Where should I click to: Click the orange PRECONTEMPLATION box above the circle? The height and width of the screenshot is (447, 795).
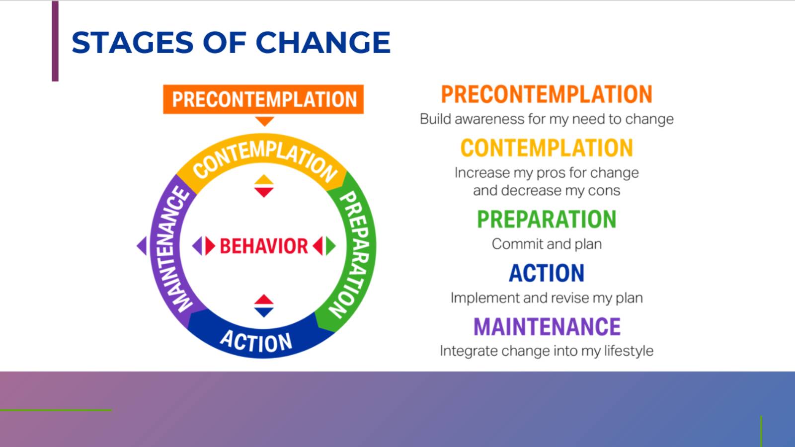click(x=263, y=99)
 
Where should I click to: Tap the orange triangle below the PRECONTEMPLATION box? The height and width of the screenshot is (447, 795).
click(x=264, y=121)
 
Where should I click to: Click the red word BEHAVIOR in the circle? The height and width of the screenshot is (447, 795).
click(x=263, y=246)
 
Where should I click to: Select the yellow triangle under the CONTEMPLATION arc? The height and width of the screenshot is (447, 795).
click(x=264, y=180)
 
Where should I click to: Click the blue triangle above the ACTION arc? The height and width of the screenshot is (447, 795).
click(x=264, y=312)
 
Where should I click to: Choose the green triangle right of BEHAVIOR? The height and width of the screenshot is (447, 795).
click(x=331, y=246)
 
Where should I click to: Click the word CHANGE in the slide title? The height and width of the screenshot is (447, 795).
click(x=323, y=43)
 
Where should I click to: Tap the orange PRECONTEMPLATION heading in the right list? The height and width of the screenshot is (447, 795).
click(x=547, y=94)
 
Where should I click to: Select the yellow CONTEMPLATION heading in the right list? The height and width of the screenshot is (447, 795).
click(x=547, y=148)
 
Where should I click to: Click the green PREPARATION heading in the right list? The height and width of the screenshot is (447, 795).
click(x=547, y=219)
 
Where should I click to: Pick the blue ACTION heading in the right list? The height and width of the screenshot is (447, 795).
click(x=547, y=273)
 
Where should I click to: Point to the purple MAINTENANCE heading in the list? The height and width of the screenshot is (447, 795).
click(x=547, y=326)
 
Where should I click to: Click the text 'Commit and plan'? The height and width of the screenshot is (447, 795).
click(x=547, y=244)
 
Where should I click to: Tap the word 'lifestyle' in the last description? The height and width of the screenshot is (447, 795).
click(x=628, y=351)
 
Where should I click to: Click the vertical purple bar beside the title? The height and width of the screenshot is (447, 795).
click(x=55, y=41)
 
